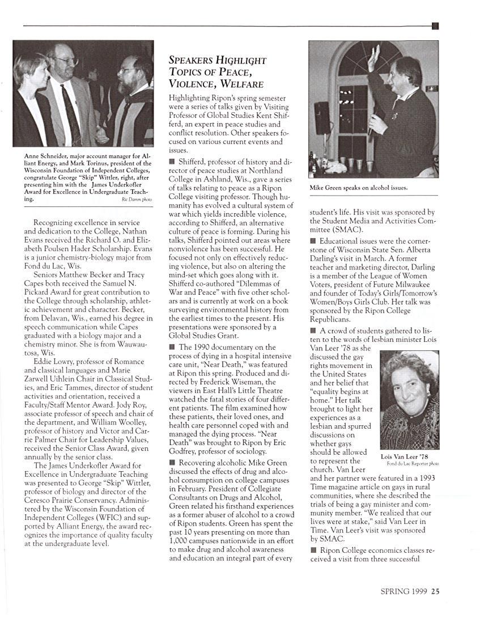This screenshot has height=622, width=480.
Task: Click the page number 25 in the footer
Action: pyautogui.click(x=435, y=591)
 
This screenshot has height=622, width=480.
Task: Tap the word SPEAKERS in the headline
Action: pyautogui.click(x=193, y=60)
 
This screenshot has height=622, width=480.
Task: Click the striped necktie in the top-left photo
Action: pyautogui.click(x=71, y=113)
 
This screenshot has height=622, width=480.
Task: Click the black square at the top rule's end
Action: pyautogui.click(x=435, y=26)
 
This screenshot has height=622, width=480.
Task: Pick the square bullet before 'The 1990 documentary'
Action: pyautogui.click(x=172, y=347)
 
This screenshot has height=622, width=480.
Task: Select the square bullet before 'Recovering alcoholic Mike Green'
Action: pyautogui.click(x=172, y=463)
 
